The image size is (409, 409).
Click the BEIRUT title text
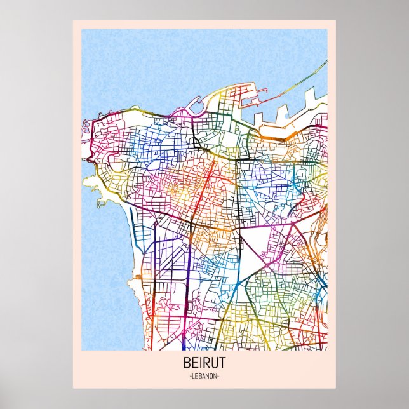204,365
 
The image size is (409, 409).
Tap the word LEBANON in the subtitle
204,377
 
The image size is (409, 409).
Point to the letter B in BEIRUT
186,365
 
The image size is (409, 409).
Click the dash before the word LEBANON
190,377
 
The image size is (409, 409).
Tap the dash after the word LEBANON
219,377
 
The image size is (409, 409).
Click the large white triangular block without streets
253,245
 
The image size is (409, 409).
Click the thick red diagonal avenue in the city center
197,203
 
